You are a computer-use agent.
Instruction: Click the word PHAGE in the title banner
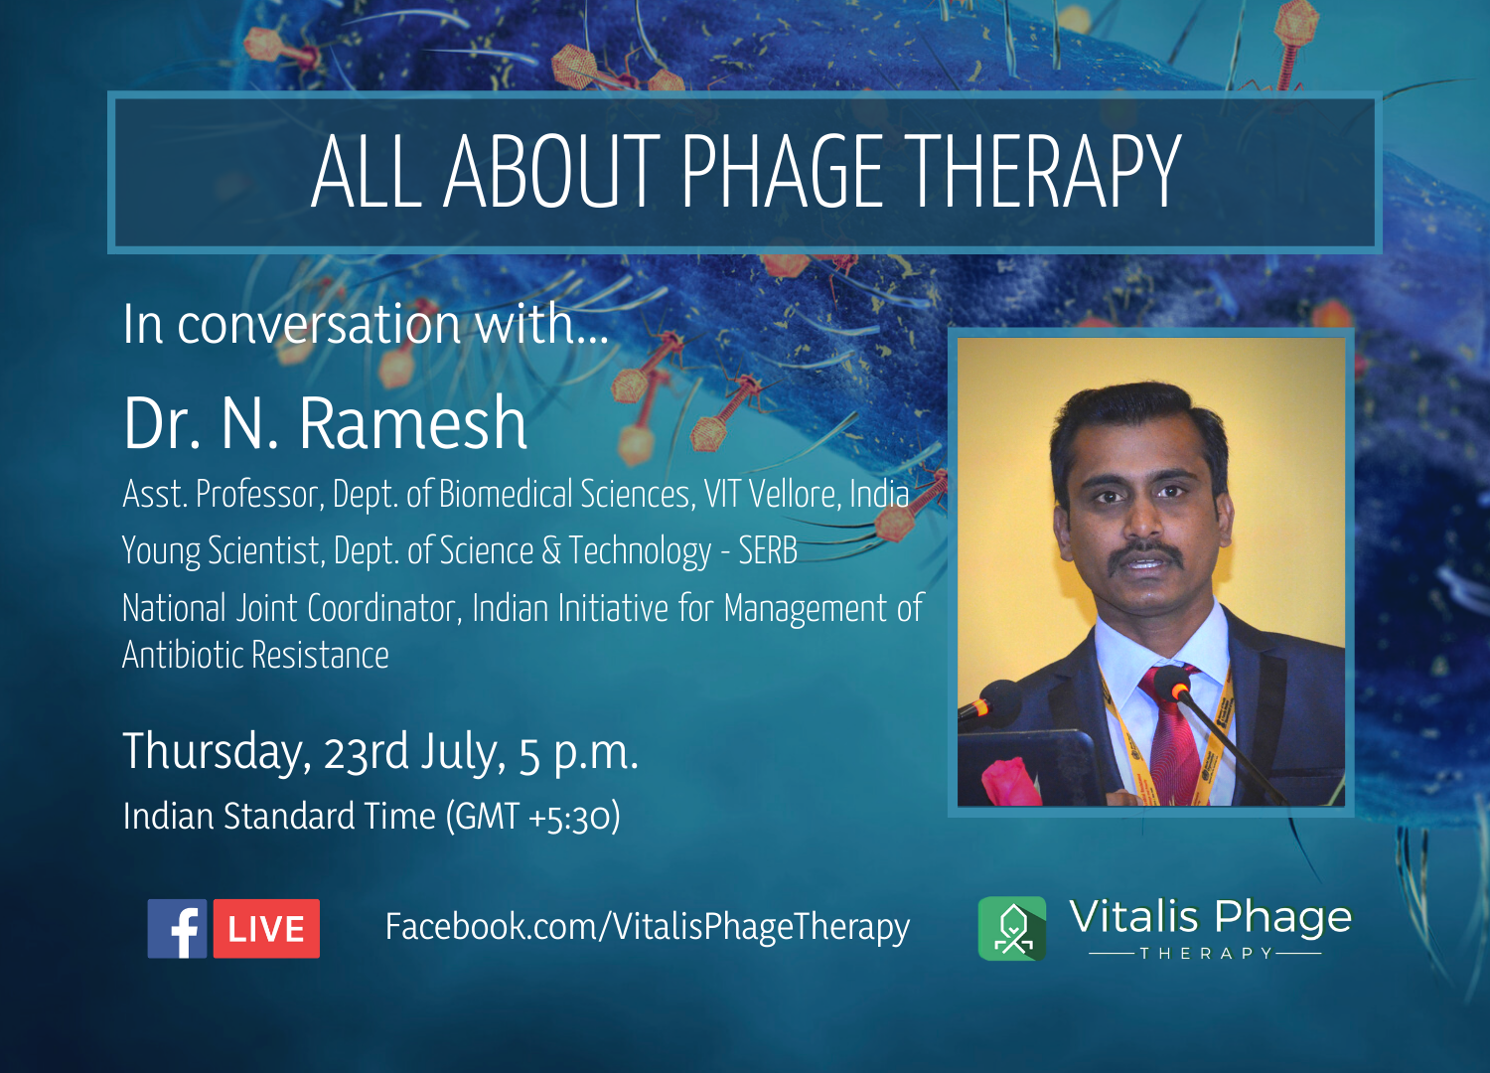pos(782,171)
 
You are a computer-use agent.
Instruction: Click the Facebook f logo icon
pos(177,929)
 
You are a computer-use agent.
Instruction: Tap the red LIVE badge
pos(266,929)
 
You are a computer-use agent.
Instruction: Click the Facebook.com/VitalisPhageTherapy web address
pos(648,927)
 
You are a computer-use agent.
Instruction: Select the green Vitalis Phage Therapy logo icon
pos(1012,929)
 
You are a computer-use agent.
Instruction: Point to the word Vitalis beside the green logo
pos(1134,917)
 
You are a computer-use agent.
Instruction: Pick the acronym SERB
pos(768,550)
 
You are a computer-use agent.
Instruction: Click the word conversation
pos(319,325)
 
